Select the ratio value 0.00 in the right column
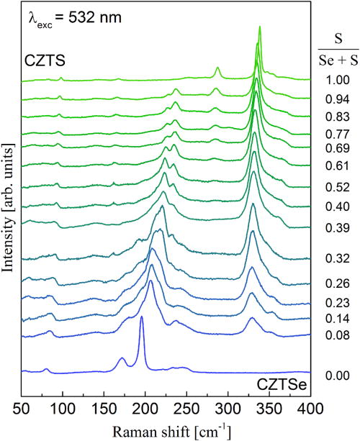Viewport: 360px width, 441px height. tap(330, 376)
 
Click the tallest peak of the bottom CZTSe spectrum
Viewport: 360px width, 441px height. tap(141, 317)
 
